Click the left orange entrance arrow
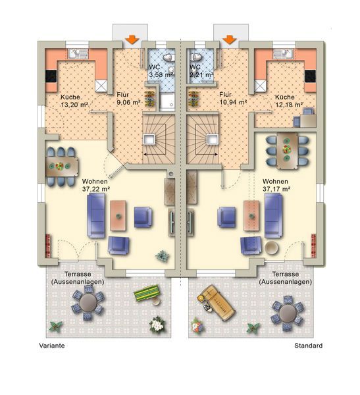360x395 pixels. [x=132, y=39]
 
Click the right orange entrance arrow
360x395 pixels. [x=230, y=39]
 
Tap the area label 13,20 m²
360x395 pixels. [x=74, y=105]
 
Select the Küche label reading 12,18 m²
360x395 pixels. [x=289, y=101]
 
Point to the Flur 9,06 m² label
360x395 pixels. [x=128, y=99]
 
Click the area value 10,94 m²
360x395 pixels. [x=233, y=102]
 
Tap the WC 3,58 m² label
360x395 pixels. [x=161, y=71]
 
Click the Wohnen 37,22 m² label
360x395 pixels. [x=96, y=185]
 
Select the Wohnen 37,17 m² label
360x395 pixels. [x=276, y=185]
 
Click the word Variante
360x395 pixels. [x=52, y=346]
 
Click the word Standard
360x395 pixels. [x=309, y=346]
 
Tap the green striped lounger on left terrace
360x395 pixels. [x=147, y=292]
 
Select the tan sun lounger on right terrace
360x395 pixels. [x=216, y=302]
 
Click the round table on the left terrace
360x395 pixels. [x=88, y=303]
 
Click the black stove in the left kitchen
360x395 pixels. [x=51, y=76]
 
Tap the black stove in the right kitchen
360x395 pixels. [x=310, y=76]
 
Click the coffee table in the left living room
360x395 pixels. [x=118, y=216]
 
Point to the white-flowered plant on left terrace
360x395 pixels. [x=157, y=324]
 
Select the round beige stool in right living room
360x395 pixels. [x=272, y=248]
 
